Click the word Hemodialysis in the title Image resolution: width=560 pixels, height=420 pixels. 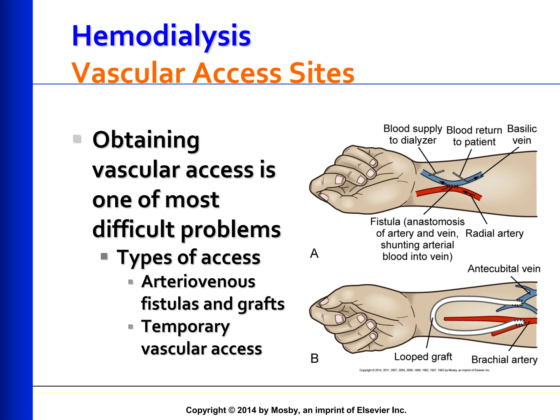(161, 36)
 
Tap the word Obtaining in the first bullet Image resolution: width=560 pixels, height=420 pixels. (146, 140)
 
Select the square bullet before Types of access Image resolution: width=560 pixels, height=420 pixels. (104, 256)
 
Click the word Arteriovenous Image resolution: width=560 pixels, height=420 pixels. (198, 282)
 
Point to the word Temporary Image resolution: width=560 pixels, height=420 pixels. (185, 326)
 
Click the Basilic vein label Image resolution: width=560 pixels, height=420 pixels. (522, 135)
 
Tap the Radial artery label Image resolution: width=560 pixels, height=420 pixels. (494, 233)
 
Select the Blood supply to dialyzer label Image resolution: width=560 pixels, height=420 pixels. (413, 134)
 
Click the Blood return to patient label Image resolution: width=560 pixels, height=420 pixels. (474, 136)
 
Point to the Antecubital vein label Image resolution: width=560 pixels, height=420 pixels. (504, 269)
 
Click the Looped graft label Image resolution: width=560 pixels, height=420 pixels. (423, 357)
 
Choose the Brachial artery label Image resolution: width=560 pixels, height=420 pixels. (504, 359)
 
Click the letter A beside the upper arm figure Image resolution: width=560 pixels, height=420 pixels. (314, 253)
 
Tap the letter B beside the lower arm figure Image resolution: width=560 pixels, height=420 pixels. (314, 358)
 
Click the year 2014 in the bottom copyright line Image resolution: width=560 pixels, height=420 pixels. (247, 410)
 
